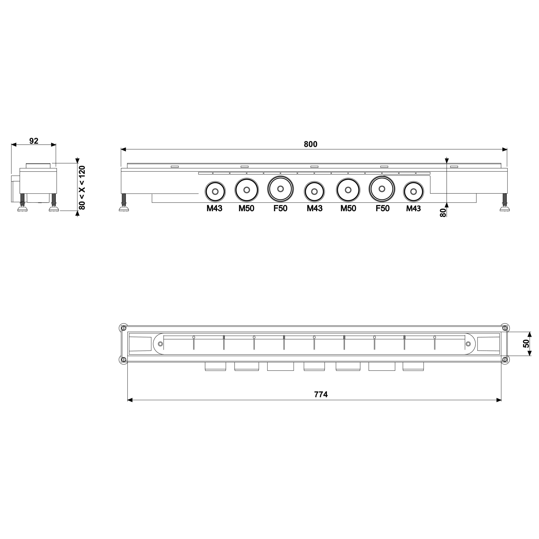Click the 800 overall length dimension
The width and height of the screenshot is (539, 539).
pos(310,144)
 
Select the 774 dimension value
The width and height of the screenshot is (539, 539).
pos(321,395)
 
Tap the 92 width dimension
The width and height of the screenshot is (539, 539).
pos(34,141)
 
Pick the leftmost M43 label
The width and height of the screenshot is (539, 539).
pos(214,208)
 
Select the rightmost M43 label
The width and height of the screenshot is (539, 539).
pos(413,208)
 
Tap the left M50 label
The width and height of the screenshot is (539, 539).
pos(246,208)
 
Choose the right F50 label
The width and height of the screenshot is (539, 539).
pos(383,208)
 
